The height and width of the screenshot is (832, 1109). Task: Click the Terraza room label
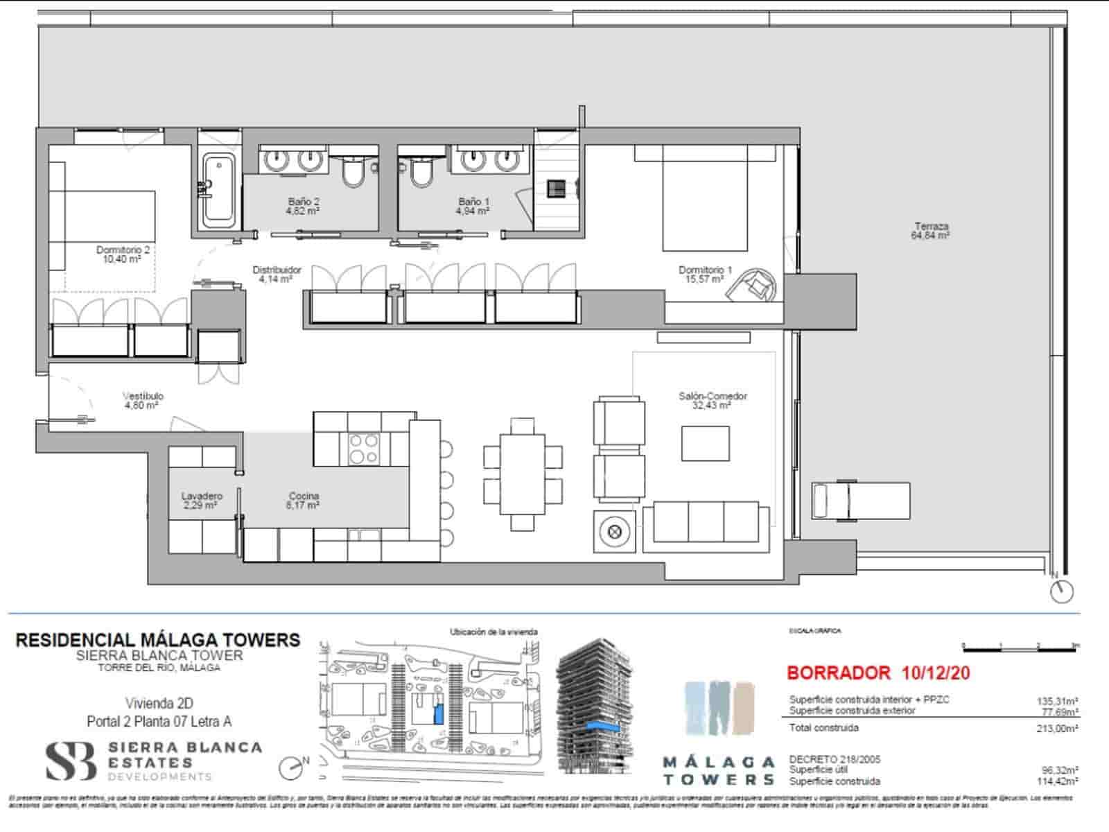pyautogui.click(x=931, y=226)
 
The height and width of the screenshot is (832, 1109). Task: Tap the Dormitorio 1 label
pyautogui.click(x=705, y=270)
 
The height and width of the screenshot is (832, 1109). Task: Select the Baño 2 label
pyautogui.click(x=304, y=202)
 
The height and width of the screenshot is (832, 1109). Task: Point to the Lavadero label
pyautogui.click(x=202, y=496)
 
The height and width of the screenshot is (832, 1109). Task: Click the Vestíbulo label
pyautogui.click(x=143, y=396)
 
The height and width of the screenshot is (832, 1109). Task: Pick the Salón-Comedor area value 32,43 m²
pyautogui.click(x=712, y=406)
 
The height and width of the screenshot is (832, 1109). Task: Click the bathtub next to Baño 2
pyautogui.click(x=219, y=189)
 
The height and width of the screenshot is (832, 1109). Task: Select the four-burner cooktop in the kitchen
pyautogui.click(x=363, y=448)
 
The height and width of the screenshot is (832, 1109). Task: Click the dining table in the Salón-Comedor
pyautogui.click(x=523, y=474)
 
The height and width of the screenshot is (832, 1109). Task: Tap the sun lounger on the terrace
pyautogui.click(x=862, y=500)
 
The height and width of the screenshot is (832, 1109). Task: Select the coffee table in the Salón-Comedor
pyautogui.click(x=705, y=444)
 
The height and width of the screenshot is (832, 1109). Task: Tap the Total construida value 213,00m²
pyautogui.click(x=1055, y=729)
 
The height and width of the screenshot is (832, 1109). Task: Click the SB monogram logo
pyautogui.click(x=71, y=761)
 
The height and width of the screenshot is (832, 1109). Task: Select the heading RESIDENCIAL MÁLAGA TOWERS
pyautogui.click(x=158, y=640)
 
